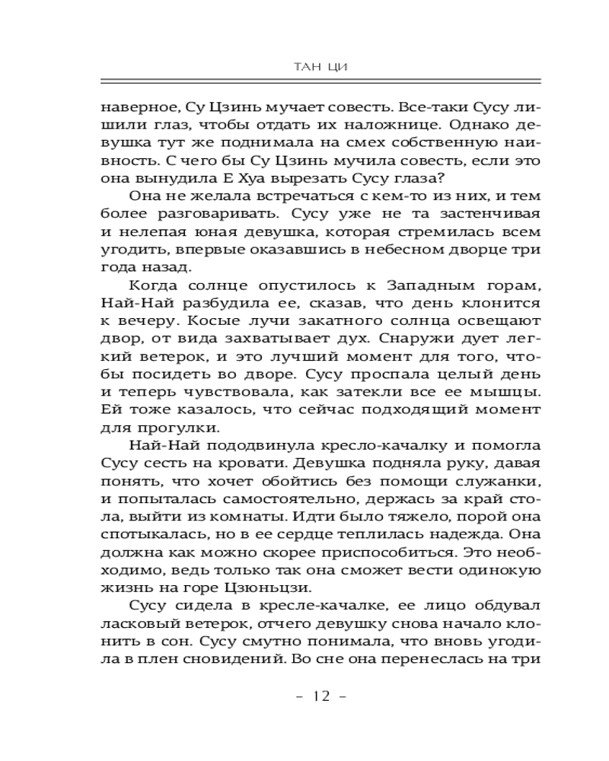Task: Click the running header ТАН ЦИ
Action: tap(320, 67)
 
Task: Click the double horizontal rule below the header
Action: tap(320, 81)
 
